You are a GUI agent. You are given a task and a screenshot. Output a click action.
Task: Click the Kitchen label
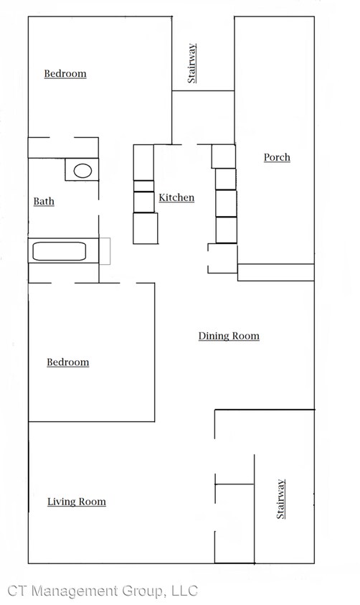(x=176, y=197)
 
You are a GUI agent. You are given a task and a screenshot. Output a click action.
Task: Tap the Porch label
(x=277, y=157)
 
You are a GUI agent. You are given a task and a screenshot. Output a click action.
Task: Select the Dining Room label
(x=229, y=336)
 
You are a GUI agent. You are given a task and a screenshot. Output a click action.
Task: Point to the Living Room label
(x=77, y=502)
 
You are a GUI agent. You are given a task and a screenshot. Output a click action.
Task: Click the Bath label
(x=44, y=202)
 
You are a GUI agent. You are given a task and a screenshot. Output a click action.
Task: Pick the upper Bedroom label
(x=65, y=74)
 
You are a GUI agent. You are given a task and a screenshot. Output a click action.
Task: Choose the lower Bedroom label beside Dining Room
(x=68, y=362)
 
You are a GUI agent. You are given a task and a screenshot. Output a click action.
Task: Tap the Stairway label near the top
(x=191, y=63)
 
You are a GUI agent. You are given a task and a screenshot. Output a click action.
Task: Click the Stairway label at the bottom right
(x=280, y=500)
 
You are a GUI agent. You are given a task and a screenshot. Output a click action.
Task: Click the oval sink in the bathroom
(x=82, y=171)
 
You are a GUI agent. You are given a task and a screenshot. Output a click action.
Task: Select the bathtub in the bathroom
(x=60, y=252)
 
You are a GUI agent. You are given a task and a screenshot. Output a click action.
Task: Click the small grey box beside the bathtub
(x=105, y=251)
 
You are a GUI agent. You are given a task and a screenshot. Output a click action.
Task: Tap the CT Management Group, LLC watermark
(x=103, y=591)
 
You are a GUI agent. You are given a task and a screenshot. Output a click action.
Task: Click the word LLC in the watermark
(x=184, y=591)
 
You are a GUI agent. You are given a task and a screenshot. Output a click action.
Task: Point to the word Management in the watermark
(x=75, y=591)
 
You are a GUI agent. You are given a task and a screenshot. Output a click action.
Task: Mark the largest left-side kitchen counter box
(x=146, y=228)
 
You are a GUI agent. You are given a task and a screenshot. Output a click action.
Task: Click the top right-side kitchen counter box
(x=224, y=156)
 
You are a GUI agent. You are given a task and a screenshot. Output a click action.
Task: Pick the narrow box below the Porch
(x=276, y=273)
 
